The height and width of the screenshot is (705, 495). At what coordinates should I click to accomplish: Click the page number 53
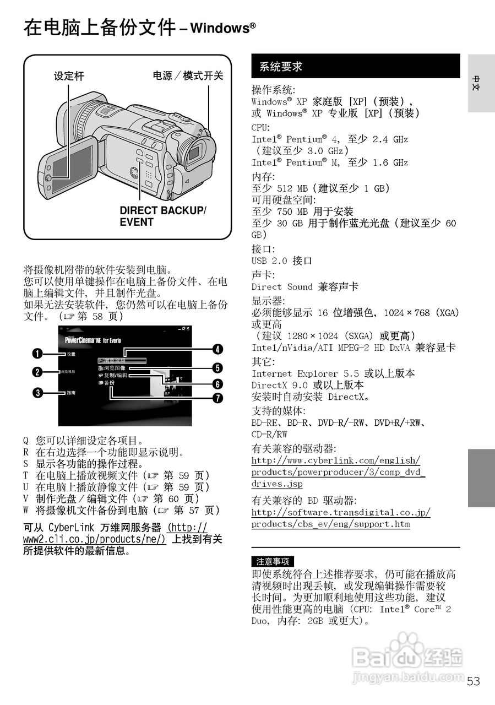point(473,681)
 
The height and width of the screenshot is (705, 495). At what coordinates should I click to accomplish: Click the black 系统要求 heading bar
point(355,67)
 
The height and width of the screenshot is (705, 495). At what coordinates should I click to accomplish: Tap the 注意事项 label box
point(272,561)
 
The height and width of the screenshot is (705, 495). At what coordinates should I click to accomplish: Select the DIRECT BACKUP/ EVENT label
point(162,216)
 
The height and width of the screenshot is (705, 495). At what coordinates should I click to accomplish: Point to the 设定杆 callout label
point(69,77)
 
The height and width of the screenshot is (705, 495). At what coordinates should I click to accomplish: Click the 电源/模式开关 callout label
point(188,76)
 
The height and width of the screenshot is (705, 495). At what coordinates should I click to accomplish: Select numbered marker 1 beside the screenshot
point(37,354)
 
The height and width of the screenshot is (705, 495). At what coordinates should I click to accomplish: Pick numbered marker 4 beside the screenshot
point(218,349)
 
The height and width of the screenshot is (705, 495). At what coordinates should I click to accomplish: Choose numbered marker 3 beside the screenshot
point(37,393)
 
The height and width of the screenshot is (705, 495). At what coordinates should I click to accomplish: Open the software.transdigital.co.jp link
point(340,518)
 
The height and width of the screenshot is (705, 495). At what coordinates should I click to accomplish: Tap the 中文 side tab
point(480,83)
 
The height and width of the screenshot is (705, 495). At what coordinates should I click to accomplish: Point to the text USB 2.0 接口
point(281,261)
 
